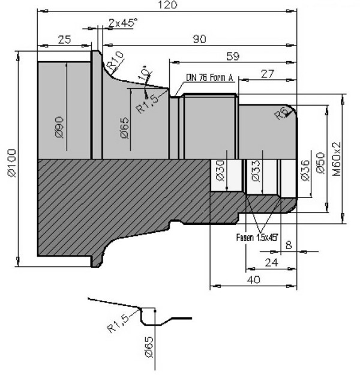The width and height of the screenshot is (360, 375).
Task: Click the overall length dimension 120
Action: pyautogui.click(x=169, y=5)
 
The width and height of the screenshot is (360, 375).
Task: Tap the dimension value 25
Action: pyautogui.click(x=64, y=40)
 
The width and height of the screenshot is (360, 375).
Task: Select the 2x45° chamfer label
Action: pyautogui.click(x=123, y=23)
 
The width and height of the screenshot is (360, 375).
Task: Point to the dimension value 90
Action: pyautogui.click(x=199, y=40)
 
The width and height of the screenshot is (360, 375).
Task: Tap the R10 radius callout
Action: pyautogui.click(x=115, y=59)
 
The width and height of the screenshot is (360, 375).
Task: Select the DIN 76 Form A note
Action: pyautogui.click(x=209, y=77)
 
